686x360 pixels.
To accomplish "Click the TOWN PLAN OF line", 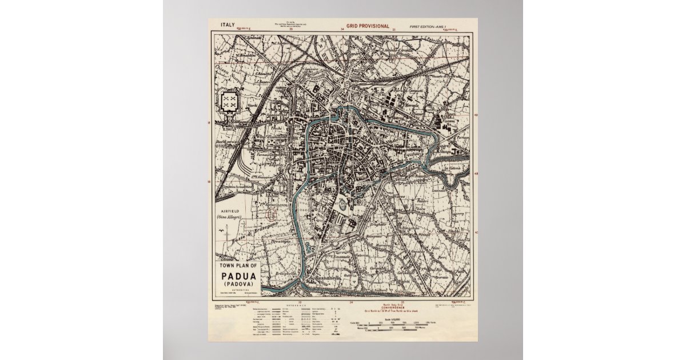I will [240, 267].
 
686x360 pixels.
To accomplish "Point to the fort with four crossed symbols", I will [230, 102].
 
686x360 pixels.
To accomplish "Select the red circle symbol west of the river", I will [272, 214].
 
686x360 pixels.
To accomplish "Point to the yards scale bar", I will [400, 323].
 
